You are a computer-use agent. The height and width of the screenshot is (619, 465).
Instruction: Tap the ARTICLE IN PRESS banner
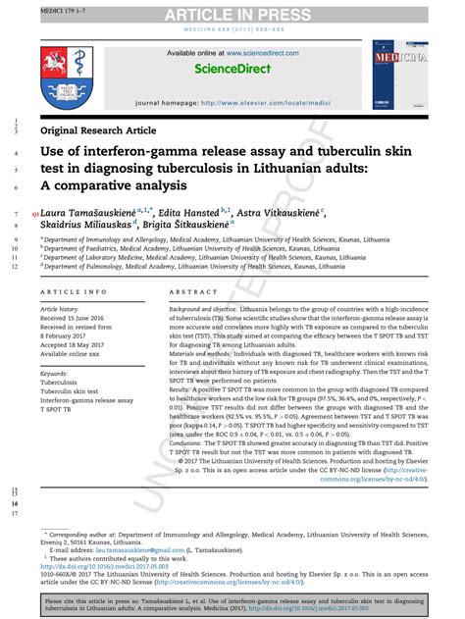click(x=232, y=14)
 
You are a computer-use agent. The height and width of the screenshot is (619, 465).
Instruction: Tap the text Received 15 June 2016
click(x=77, y=317)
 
